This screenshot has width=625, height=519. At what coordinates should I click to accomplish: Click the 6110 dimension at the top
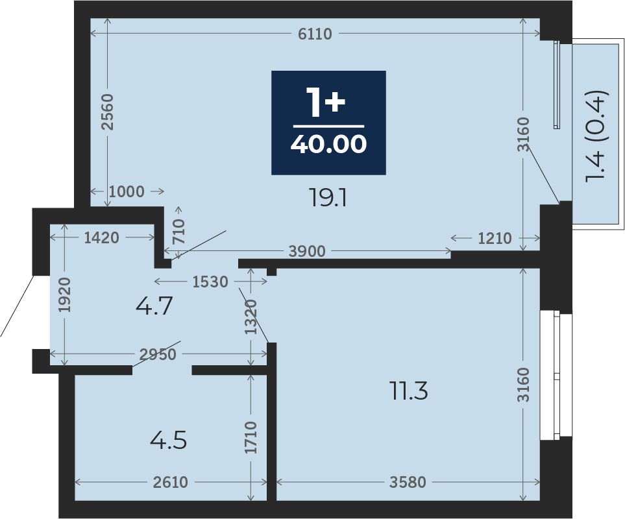tap(315, 34)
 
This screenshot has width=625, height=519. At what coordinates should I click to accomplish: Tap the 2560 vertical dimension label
tap(107, 112)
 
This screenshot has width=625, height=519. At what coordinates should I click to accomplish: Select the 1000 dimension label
tap(127, 191)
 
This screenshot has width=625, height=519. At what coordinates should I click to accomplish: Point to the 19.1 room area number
tap(328, 198)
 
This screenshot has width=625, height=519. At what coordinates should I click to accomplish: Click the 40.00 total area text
tap(328, 144)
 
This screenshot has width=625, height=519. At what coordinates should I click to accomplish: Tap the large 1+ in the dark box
tap(325, 103)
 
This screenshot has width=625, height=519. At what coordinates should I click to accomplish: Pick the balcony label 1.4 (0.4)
tap(596, 137)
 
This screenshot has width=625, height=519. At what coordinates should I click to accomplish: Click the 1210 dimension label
tap(495, 238)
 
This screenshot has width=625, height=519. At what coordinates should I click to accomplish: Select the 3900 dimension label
tap(307, 251)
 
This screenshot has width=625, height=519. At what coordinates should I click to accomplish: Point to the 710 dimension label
tap(178, 232)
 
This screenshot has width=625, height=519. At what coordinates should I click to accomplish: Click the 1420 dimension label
tap(102, 238)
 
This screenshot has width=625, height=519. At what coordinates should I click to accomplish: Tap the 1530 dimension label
tap(210, 282)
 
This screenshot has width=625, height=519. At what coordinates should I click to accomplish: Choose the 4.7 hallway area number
tap(154, 306)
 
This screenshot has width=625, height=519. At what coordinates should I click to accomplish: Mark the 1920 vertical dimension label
tap(64, 295)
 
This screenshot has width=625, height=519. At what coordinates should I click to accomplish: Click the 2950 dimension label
tap(158, 354)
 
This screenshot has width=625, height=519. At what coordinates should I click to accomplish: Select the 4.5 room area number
tap(168, 441)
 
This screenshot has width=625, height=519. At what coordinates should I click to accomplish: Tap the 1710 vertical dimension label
tap(251, 437)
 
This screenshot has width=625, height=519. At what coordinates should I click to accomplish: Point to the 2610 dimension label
tap(170, 483)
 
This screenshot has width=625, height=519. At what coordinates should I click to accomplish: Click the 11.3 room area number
tap(409, 391)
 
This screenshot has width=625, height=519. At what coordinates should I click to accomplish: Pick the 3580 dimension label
tap(408, 483)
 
